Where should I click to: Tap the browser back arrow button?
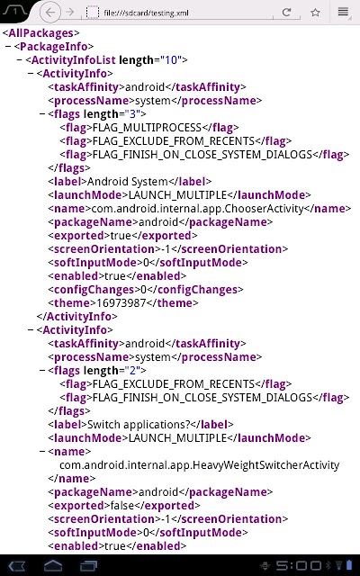coord(50,13)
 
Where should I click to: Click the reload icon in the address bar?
coord(286,12)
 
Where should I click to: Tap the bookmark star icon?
coord(315,13)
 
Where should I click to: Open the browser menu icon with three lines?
coord(343,12)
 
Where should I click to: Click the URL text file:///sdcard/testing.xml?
coord(146,13)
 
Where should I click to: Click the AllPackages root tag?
coord(40,33)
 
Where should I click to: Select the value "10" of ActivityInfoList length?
coord(171,60)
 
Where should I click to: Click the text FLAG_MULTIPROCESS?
coord(147,128)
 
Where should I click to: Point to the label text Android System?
coord(128,182)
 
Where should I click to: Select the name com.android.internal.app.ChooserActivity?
coord(197,209)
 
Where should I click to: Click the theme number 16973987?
coord(121,303)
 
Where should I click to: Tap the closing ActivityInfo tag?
coord(76,317)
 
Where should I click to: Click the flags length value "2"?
coord(132,370)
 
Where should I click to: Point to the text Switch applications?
coord(139,425)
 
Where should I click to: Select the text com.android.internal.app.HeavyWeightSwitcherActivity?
coord(200,465)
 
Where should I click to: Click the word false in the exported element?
coord(122,506)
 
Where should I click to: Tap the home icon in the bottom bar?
coord(53,566)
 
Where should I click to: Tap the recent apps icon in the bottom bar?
coord(89,566)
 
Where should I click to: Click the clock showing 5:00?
coord(299,566)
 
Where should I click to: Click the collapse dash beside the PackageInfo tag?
coord(8,47)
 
